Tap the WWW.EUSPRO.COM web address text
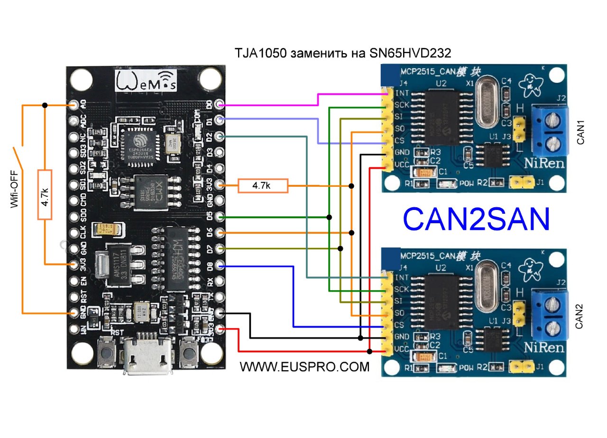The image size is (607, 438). tap(304, 366)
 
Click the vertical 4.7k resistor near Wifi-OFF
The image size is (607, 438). tap(45, 195)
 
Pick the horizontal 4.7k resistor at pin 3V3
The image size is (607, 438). tap(263, 186)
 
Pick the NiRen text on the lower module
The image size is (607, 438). tap(544, 347)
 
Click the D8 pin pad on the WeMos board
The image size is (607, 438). tap(219, 265)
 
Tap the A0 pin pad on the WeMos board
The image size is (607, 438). tap(74, 105)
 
